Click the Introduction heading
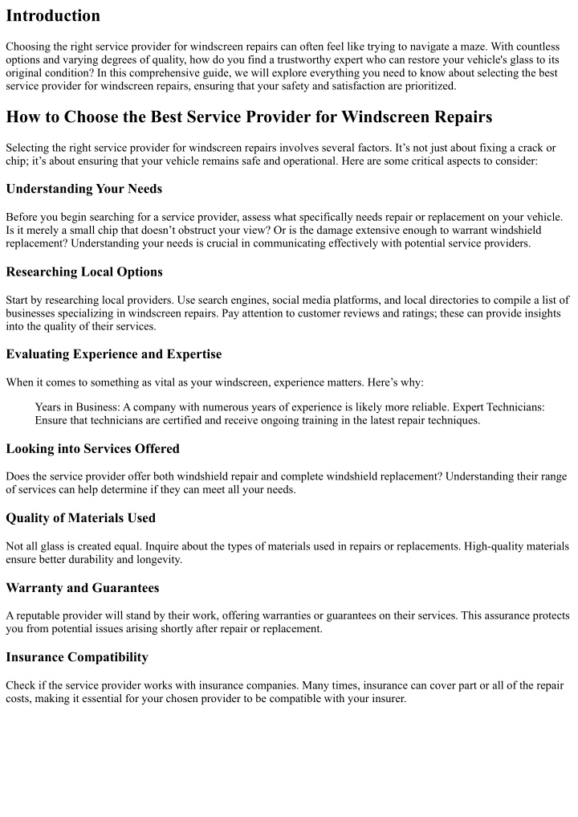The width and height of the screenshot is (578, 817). tap(53, 16)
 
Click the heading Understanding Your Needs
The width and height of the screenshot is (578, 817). tap(83, 189)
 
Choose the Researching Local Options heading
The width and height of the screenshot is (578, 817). tap(84, 272)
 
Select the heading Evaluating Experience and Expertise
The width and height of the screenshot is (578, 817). tap(114, 354)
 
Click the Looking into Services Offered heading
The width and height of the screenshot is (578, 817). tap(92, 448)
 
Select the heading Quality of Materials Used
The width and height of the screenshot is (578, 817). tap(81, 518)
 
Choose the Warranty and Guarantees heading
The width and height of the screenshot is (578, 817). tap(83, 588)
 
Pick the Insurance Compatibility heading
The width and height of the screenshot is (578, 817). tap(77, 657)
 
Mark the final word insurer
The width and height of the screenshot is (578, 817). tap(388, 698)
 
